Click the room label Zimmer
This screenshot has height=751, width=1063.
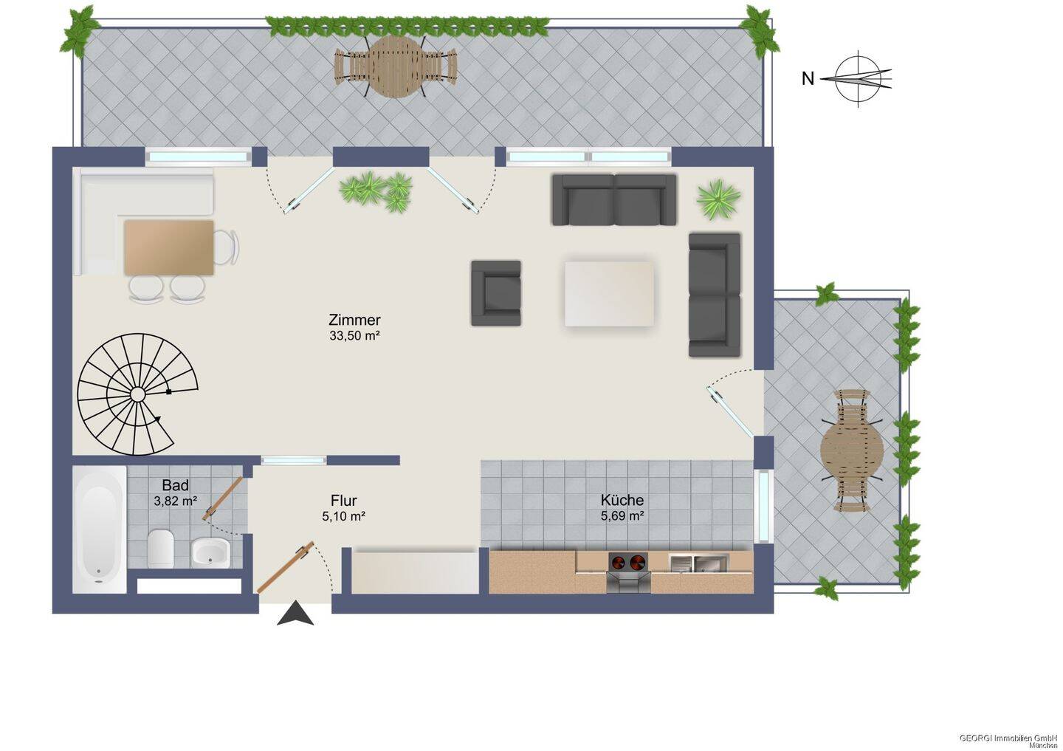click(x=354, y=320)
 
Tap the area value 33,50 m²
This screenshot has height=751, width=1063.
click(x=354, y=336)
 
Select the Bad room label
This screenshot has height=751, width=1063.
click(x=175, y=485)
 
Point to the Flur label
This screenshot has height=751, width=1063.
click(x=343, y=501)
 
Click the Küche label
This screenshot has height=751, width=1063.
click(x=622, y=500)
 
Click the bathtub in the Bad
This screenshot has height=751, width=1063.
click(x=100, y=529)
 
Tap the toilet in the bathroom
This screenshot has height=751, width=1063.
click(x=160, y=547)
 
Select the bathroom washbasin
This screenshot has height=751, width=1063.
click(x=210, y=552)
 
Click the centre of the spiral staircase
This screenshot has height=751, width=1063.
click(x=137, y=394)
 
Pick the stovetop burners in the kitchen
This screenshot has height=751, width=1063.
click(x=627, y=561)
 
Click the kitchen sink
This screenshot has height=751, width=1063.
click(x=698, y=563)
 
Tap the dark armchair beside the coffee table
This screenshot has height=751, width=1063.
click(x=496, y=293)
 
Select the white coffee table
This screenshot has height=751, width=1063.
click(x=609, y=293)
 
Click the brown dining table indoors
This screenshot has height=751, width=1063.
click(x=169, y=247)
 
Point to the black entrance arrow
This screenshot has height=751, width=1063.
click(x=295, y=614)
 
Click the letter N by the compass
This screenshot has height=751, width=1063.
click(x=808, y=79)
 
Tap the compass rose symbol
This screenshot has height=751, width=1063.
click(x=857, y=79)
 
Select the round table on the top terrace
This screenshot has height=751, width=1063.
click(x=395, y=66)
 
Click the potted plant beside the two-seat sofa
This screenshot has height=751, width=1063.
click(x=718, y=199)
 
